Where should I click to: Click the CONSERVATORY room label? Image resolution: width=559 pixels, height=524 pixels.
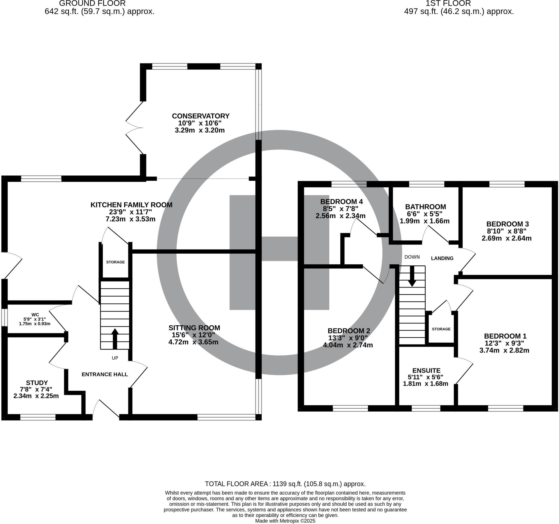point(201,116)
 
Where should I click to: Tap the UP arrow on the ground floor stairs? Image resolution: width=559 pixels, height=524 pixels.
point(115,339)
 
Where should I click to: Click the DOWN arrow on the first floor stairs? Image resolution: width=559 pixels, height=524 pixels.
point(412,276)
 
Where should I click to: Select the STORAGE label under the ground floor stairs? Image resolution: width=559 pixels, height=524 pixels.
point(115,262)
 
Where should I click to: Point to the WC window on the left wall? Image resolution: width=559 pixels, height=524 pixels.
point(4,318)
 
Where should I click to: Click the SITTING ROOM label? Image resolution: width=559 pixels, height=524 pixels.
point(194,328)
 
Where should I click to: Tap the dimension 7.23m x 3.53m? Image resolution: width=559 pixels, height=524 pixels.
point(130,219)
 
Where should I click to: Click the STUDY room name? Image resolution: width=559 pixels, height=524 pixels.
point(37,383)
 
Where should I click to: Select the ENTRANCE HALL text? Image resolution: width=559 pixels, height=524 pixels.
point(105,374)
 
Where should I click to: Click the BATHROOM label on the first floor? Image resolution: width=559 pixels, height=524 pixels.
point(426,207)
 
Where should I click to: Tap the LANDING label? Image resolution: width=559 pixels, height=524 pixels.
point(442,258)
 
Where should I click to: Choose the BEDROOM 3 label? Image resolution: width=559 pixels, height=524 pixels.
point(507,224)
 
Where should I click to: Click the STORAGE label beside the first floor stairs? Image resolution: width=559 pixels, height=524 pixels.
point(441,329)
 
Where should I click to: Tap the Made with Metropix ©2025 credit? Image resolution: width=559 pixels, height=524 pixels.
point(285,521)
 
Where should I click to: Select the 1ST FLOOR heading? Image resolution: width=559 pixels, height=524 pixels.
point(448,4)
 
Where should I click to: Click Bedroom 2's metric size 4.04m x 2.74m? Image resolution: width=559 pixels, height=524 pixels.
point(348,345)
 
